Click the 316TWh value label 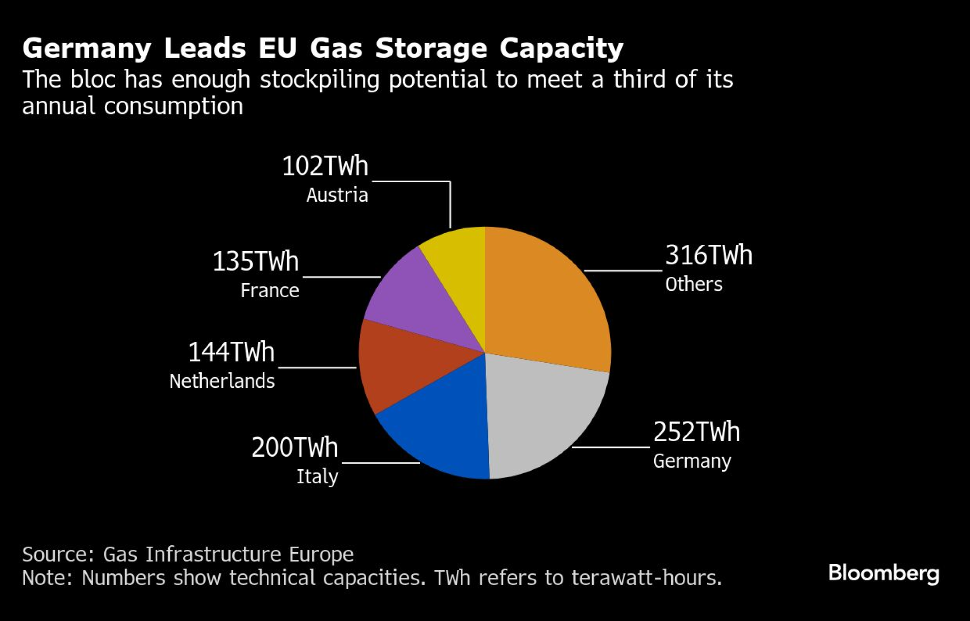coord(709,255)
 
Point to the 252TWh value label coord(696,432)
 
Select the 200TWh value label coord(294,447)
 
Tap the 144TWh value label coord(231,352)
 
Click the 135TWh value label coord(256,261)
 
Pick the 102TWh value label coord(325,166)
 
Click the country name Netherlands coord(222,381)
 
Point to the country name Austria coord(337,195)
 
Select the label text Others coord(694,284)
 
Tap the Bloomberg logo coord(884,573)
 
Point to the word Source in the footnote coord(58,554)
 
